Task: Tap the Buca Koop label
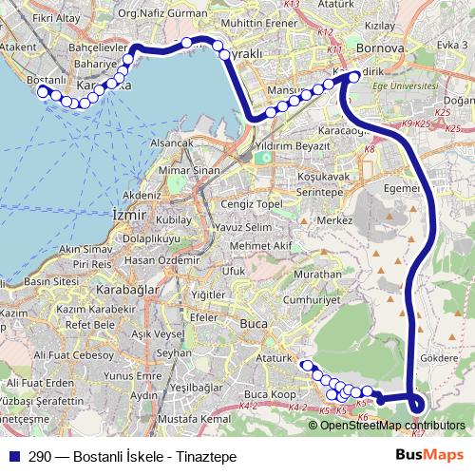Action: coord(269,393)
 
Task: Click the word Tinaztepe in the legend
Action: coord(206,457)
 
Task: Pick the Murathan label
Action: coord(319,273)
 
